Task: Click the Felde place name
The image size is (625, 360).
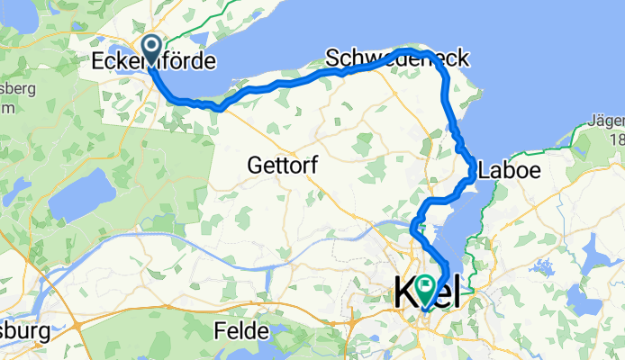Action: [x=239, y=331]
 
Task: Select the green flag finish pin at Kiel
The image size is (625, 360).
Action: [x=422, y=287]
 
